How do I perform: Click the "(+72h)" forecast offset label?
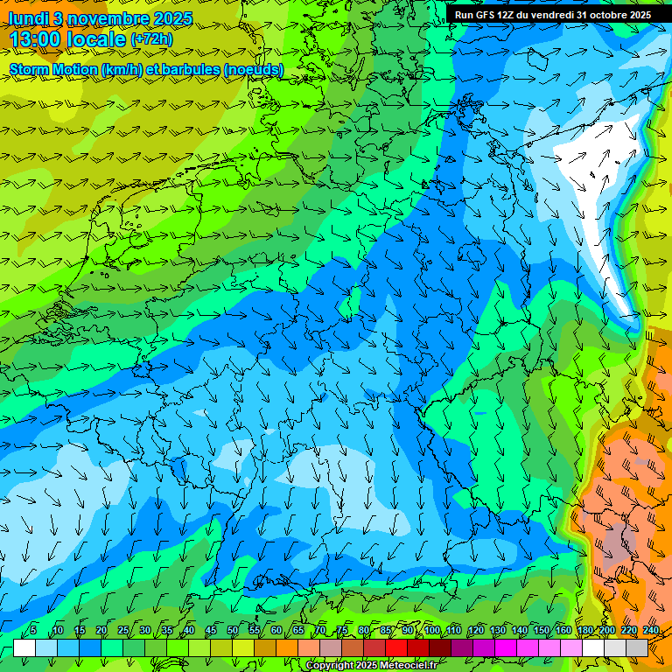(151, 39)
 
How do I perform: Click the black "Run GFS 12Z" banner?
(552, 15)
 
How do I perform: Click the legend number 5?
(33, 630)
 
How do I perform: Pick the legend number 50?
(233, 630)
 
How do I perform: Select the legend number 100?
(432, 630)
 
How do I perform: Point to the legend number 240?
(650, 630)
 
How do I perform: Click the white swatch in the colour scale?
(24, 647)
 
